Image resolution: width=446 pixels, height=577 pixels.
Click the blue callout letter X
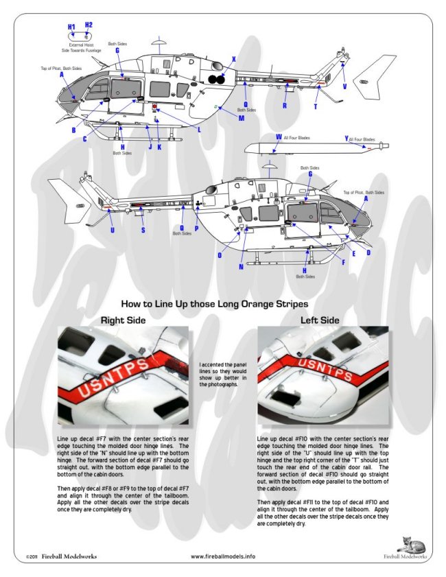[233, 60]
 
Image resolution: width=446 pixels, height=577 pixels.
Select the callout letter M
[242, 117]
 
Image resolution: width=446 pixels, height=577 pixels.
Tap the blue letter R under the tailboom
[285, 106]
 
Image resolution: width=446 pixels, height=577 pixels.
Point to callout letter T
[315, 107]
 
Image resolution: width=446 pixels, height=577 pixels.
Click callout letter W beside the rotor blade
[278, 137]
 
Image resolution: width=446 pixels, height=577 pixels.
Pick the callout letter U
[112, 231]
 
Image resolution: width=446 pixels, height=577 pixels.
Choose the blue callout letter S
[143, 231]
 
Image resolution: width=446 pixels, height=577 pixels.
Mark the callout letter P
[197, 228]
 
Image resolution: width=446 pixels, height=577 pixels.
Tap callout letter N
[241, 267]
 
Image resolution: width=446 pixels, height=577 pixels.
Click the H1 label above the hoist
[71, 27]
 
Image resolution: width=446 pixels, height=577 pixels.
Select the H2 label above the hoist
[89, 25]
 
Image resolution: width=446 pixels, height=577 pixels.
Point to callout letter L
[198, 130]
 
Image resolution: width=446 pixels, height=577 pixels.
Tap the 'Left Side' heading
[320, 320]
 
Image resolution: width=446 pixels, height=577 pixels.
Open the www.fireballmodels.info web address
[222, 556]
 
